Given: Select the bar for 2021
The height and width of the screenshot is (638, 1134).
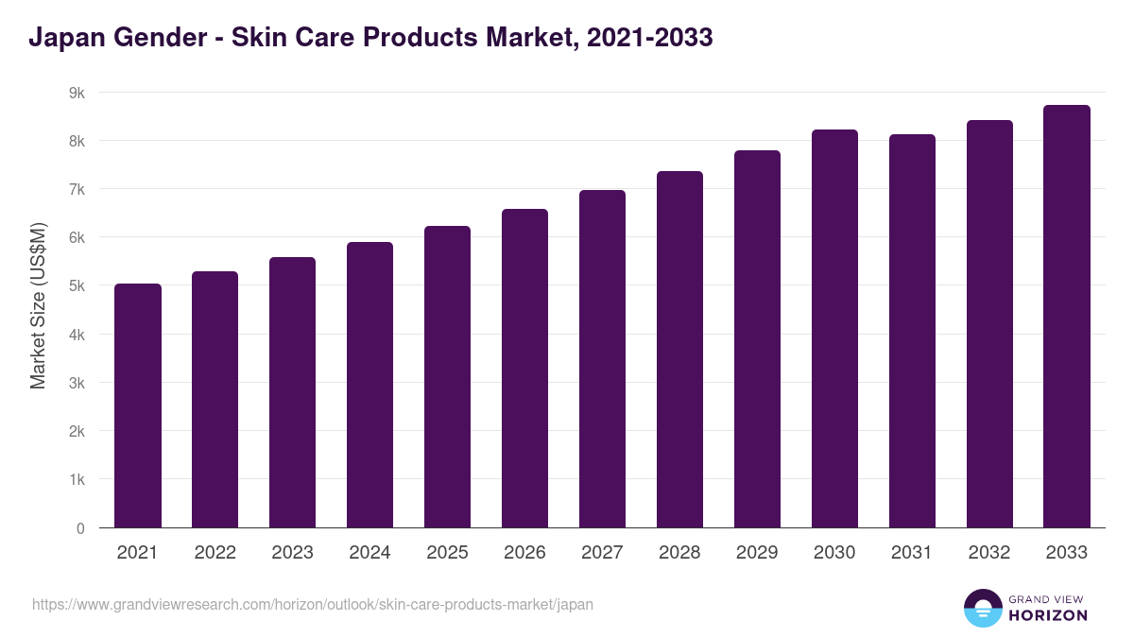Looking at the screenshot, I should (138, 406).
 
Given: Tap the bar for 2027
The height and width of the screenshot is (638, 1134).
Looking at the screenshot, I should (602, 359).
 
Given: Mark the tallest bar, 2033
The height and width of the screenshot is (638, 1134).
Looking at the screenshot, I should (1067, 317).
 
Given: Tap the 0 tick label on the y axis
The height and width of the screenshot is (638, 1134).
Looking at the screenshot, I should (80, 528).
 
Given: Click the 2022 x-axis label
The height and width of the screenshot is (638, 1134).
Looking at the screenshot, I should (215, 553).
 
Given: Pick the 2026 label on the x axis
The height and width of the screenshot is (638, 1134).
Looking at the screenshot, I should (524, 553).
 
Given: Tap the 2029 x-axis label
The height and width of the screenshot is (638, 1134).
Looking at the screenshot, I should (757, 553).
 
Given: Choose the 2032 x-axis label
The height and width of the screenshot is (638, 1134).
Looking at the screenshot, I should (989, 553).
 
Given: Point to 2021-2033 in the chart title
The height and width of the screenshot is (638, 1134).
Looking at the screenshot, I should (649, 39).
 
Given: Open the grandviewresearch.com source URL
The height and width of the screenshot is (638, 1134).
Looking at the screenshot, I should (313, 604).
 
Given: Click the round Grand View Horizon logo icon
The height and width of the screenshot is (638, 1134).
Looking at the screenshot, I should (982, 608).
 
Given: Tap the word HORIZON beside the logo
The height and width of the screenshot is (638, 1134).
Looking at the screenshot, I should (1048, 615).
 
